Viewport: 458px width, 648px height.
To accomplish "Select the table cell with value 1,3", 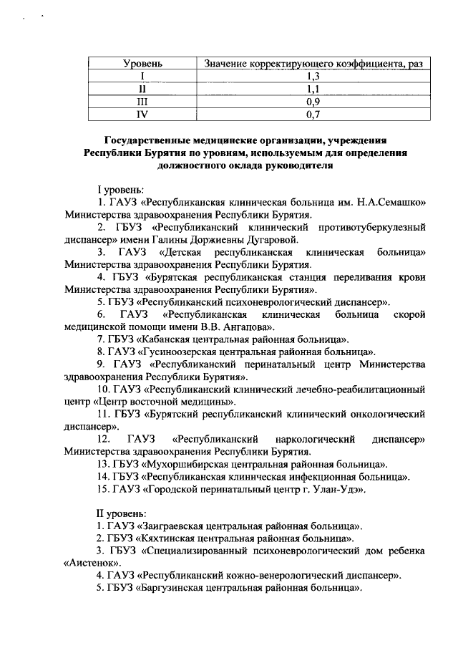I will tap(311, 77).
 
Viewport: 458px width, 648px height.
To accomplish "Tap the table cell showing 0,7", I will tap(311, 113).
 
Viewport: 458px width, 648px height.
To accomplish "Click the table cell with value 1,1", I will tap(311, 89).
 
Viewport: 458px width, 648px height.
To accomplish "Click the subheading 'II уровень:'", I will tap(122, 513).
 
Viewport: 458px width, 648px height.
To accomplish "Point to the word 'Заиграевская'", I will tap(175, 526).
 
